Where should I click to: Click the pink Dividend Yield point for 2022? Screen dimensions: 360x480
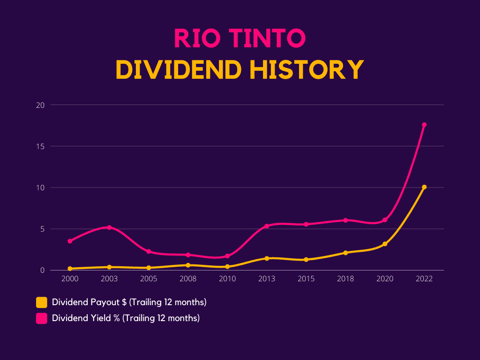tap(424, 125)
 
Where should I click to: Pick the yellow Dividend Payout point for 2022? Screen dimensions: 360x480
tap(424, 187)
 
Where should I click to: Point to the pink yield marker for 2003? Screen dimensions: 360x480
tap(109, 227)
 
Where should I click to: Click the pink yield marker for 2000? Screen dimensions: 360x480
tap(70, 241)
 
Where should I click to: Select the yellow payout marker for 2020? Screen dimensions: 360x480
tap(385, 244)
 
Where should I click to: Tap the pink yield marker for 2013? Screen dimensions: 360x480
tap(267, 226)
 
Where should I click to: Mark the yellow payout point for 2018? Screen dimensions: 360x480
tap(345, 253)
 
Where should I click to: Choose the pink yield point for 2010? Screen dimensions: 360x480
tap(227, 256)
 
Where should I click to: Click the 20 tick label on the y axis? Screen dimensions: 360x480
tap(40, 105)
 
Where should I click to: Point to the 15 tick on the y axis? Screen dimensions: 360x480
tap(40, 146)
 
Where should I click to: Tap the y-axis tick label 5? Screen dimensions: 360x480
tap(42, 229)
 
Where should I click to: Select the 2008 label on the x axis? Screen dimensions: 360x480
tap(188, 279)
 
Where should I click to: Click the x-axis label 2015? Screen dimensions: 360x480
tap(306, 279)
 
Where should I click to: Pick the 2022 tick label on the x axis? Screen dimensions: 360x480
tap(424, 279)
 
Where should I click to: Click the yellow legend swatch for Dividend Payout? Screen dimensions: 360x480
tap(42, 302)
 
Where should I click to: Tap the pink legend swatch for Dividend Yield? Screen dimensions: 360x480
tap(42, 318)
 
